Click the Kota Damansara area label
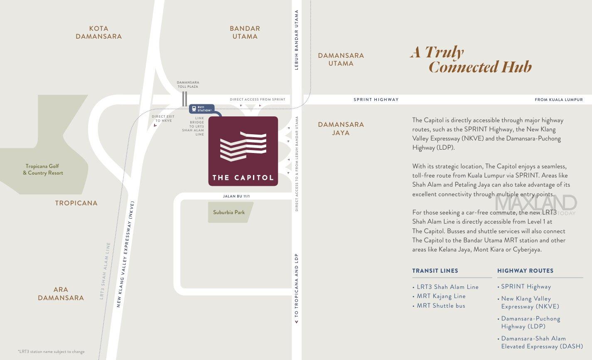[x=98, y=32]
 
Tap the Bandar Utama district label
[x=245, y=32]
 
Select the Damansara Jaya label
[x=341, y=128]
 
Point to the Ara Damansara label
[x=61, y=293]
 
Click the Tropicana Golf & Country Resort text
[x=43, y=170]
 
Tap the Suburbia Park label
[x=229, y=212]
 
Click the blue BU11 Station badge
[x=202, y=109]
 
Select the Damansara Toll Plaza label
[x=188, y=84]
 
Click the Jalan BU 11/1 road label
[x=236, y=196]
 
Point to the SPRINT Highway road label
[x=376, y=100]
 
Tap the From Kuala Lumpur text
[x=558, y=100]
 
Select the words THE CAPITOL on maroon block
[x=243, y=178]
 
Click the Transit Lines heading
[x=435, y=271]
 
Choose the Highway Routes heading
[x=525, y=271]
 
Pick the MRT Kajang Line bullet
[x=441, y=296]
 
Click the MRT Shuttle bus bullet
[x=441, y=306]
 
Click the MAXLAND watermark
[x=536, y=204]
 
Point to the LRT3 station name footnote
[x=51, y=352]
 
